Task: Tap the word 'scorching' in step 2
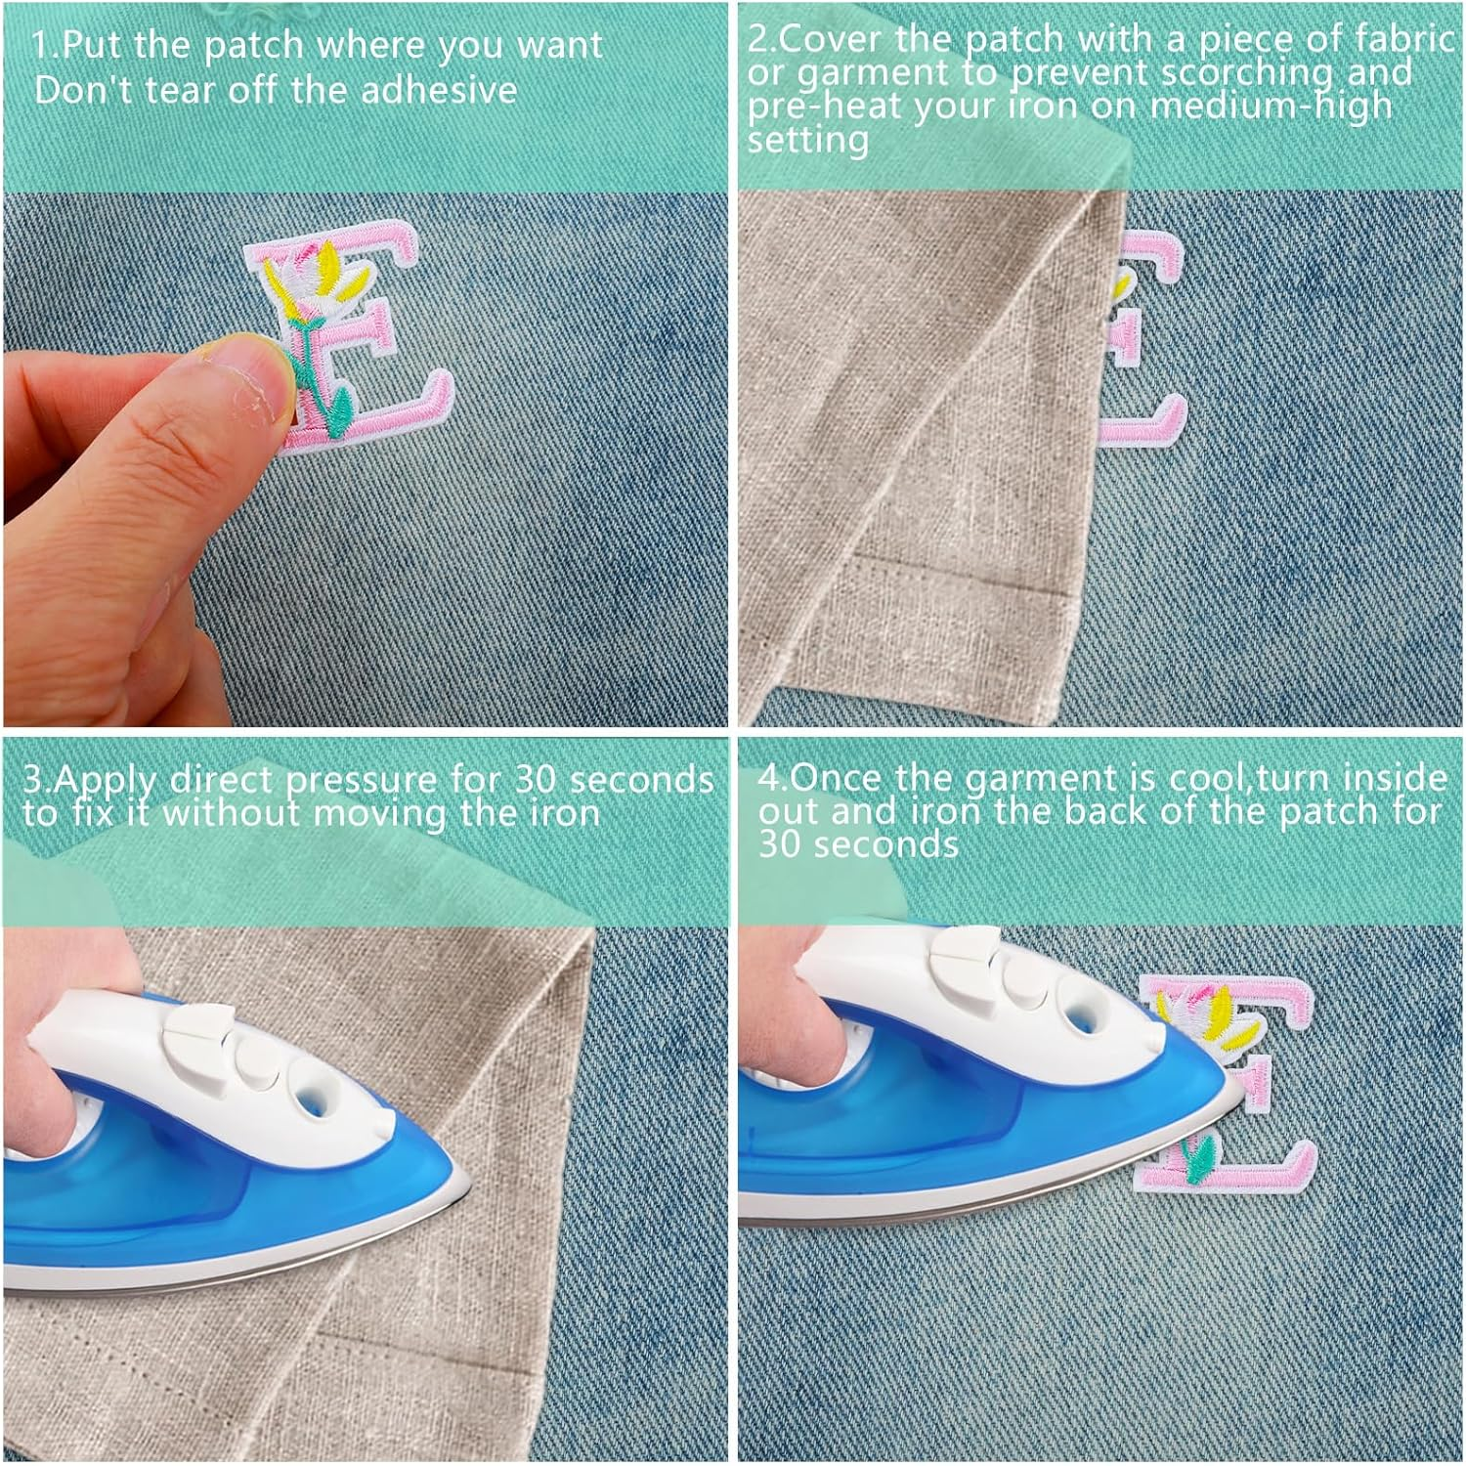point(1240,71)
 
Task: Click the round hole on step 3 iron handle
point(314,1098)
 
